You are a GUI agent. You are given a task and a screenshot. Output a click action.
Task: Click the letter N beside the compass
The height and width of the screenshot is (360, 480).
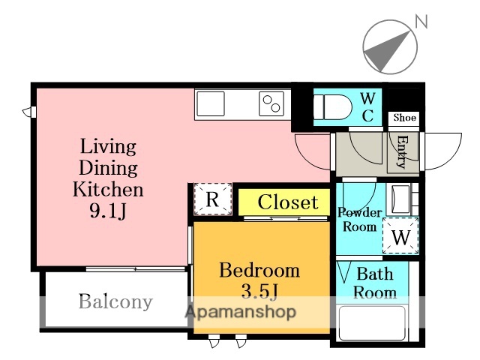[421, 22]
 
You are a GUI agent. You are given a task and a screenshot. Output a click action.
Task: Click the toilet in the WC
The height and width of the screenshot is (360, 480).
[332, 107]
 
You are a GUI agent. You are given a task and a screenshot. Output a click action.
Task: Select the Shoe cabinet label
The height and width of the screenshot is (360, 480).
[405, 118]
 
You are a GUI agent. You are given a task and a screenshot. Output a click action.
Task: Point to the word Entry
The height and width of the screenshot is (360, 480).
[403, 151]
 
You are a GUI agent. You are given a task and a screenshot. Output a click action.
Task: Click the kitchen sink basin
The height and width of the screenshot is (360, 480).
[211, 103]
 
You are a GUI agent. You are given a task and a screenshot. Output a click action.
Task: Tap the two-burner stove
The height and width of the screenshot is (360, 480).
[271, 103]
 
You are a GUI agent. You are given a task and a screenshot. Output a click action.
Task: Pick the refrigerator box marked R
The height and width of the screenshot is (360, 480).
[213, 199]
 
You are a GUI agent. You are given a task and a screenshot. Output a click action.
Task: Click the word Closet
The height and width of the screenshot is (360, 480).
[288, 202]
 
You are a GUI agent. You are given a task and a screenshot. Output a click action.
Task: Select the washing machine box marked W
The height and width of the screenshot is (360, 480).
[400, 235]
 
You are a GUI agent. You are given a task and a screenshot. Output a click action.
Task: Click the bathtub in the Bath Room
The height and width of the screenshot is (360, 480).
[372, 323]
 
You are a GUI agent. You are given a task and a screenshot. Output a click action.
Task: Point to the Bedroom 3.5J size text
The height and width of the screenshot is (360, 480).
[259, 292]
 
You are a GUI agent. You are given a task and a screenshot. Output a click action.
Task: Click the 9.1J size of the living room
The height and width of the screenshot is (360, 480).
[108, 211]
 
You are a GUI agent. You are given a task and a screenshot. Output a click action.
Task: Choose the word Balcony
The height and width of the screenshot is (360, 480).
[115, 301]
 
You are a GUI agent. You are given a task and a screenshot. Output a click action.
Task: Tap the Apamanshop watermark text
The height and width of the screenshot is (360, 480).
[241, 312]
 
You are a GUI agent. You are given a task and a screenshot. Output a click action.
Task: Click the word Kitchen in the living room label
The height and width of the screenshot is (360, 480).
[108, 190]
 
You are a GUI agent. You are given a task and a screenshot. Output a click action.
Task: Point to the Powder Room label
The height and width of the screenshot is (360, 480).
[360, 220]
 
